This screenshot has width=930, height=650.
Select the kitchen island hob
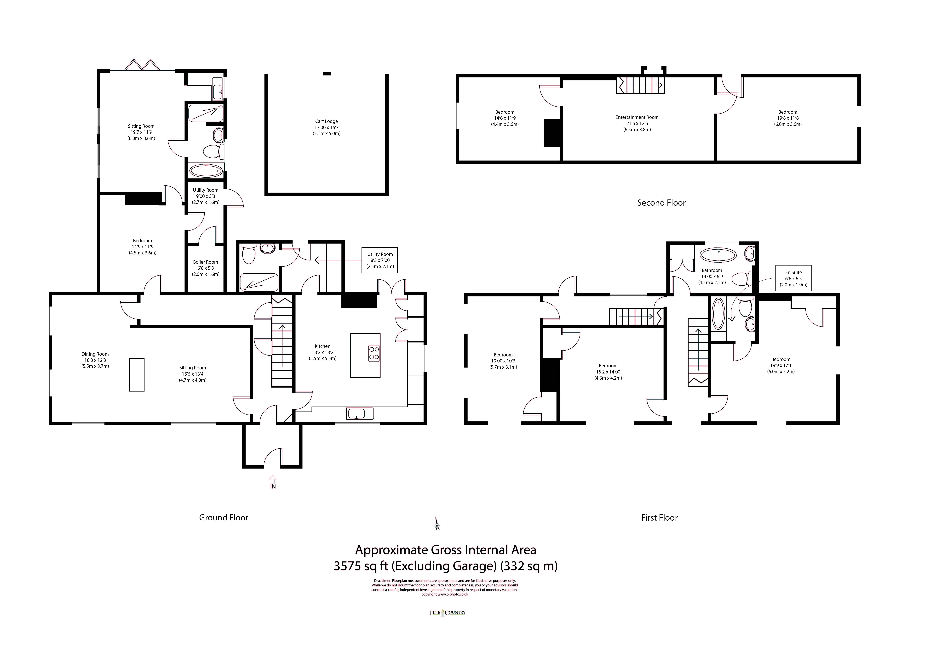tap(374, 353)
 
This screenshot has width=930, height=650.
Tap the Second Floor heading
tap(661, 203)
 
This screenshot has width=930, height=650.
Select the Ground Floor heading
tap(224, 517)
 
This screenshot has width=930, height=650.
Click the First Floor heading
tap(659, 517)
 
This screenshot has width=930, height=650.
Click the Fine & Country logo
tap(447, 612)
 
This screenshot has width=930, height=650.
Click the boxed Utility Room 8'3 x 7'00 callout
tap(380, 260)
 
